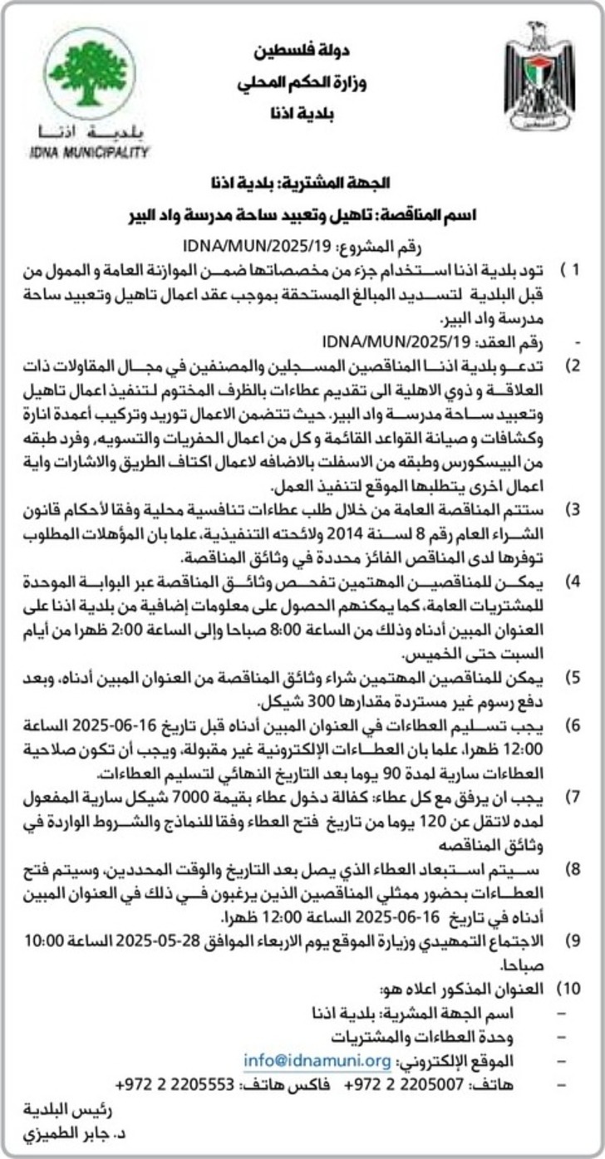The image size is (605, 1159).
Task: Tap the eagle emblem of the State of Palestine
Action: click(x=539, y=76)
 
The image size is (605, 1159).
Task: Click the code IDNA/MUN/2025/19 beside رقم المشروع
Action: click(x=255, y=244)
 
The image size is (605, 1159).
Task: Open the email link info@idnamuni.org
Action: click(x=317, y=1060)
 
